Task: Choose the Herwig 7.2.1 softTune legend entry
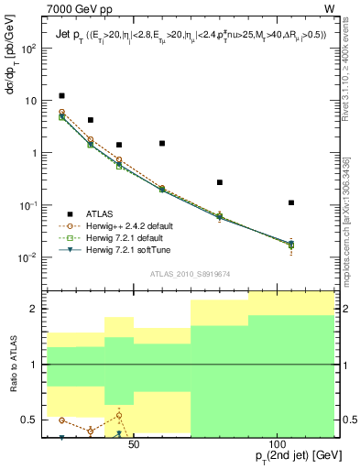pos(125,249)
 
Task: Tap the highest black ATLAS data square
pos(61,95)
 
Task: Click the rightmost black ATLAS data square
pos(291,202)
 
